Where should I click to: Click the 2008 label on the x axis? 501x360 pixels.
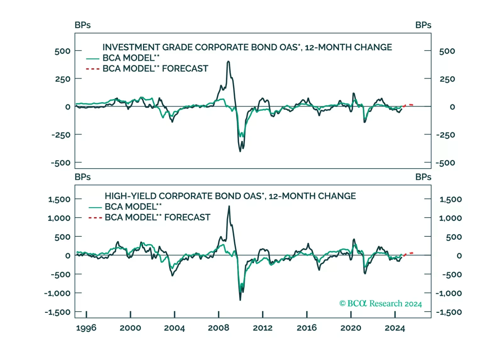pyautogui.click(x=218, y=328)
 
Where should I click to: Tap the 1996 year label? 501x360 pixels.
pyautogui.click(x=86, y=328)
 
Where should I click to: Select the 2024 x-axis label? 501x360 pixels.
pyautogui.click(x=395, y=328)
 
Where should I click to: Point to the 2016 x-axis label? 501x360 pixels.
pyautogui.click(x=307, y=328)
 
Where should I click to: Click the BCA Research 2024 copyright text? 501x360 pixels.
pyautogui.click(x=381, y=303)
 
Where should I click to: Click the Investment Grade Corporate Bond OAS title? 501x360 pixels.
pyautogui.click(x=247, y=47)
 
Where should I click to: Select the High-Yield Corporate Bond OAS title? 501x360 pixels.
pyautogui.click(x=230, y=196)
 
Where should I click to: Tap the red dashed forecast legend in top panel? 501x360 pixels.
pyautogui.click(x=92, y=69)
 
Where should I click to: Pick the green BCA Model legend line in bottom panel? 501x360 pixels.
pyautogui.click(x=95, y=207)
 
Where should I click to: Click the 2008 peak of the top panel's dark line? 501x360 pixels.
pyautogui.click(x=228, y=62)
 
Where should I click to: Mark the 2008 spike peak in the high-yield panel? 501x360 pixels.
pyautogui.click(x=229, y=206)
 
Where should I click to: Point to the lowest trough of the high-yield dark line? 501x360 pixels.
pyautogui.click(x=240, y=300)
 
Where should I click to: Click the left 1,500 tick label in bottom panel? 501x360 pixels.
pyautogui.click(x=59, y=199)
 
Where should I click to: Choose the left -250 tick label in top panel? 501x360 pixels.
pyautogui.click(x=61, y=135)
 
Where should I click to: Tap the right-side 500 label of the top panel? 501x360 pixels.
pyautogui.click(x=447, y=51)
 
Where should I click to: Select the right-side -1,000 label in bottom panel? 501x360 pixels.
pyautogui.click(x=448, y=293)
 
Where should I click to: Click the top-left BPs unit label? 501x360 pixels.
pyautogui.click(x=83, y=25)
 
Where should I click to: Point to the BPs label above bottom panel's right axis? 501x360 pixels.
pyautogui.click(x=423, y=177)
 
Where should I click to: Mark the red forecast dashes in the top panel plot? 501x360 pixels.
pyautogui.click(x=408, y=105)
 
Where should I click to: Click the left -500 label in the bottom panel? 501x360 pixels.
pyautogui.click(x=61, y=274)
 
